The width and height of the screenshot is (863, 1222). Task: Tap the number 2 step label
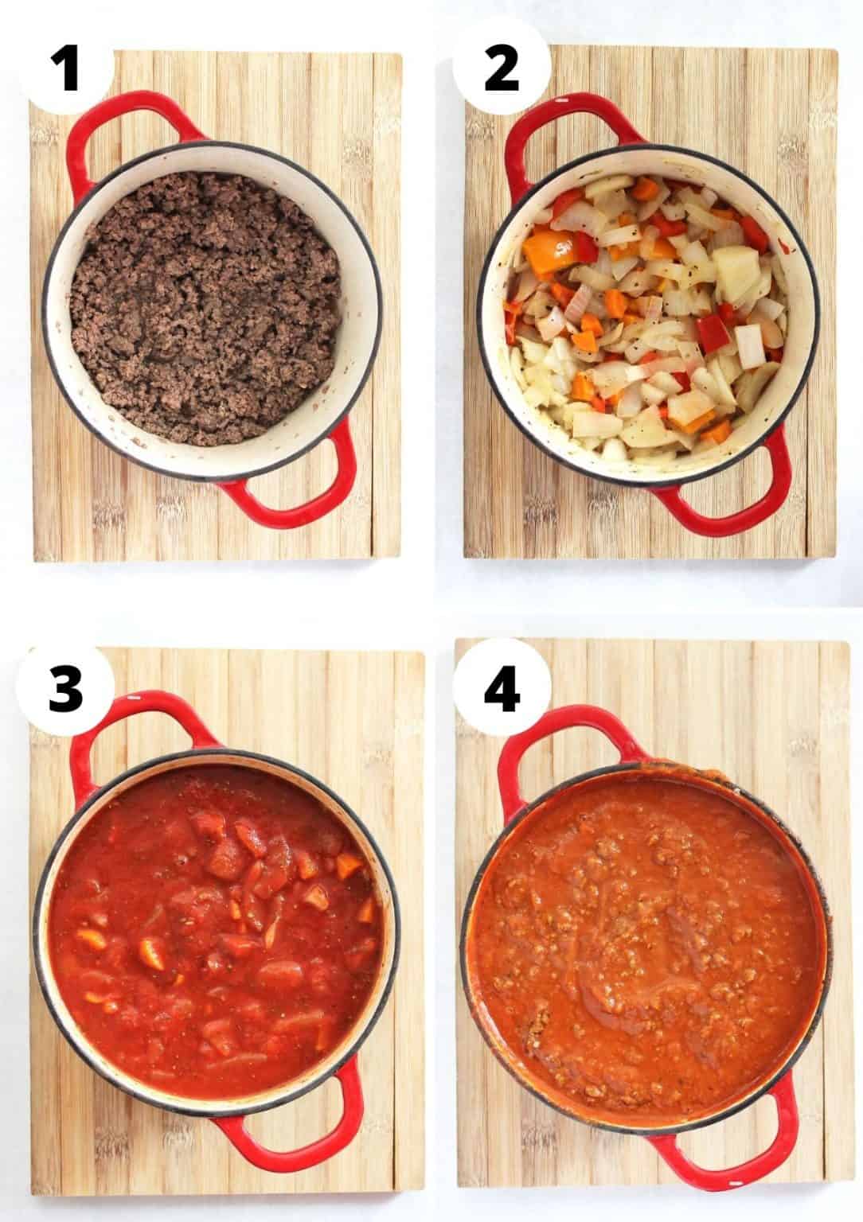501,68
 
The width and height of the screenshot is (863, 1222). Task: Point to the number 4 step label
502,688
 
